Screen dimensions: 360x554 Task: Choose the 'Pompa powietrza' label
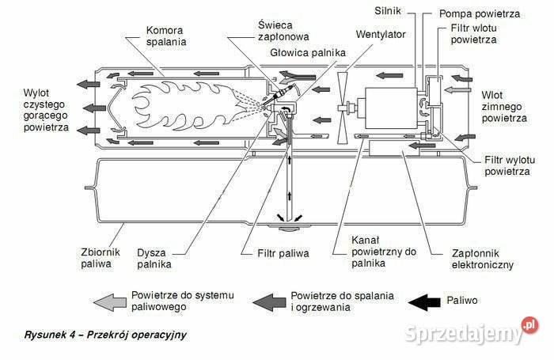click(480, 14)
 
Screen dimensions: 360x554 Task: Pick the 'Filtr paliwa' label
click(283, 254)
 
